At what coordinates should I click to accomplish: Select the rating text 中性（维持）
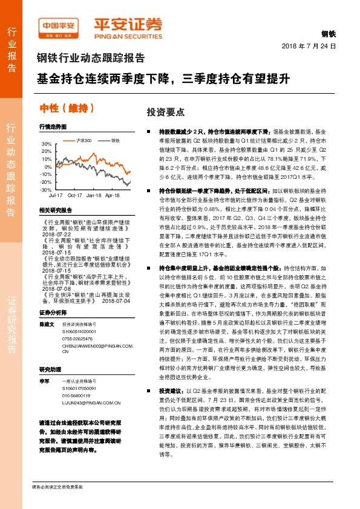[x=63, y=108]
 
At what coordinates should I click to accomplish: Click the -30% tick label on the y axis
[x=46, y=190]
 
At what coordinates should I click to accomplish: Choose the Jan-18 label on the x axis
[x=93, y=196]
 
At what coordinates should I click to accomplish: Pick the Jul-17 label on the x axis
[x=56, y=196]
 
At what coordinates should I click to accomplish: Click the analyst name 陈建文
[x=47, y=325]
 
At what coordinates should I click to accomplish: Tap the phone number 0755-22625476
[x=78, y=339]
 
